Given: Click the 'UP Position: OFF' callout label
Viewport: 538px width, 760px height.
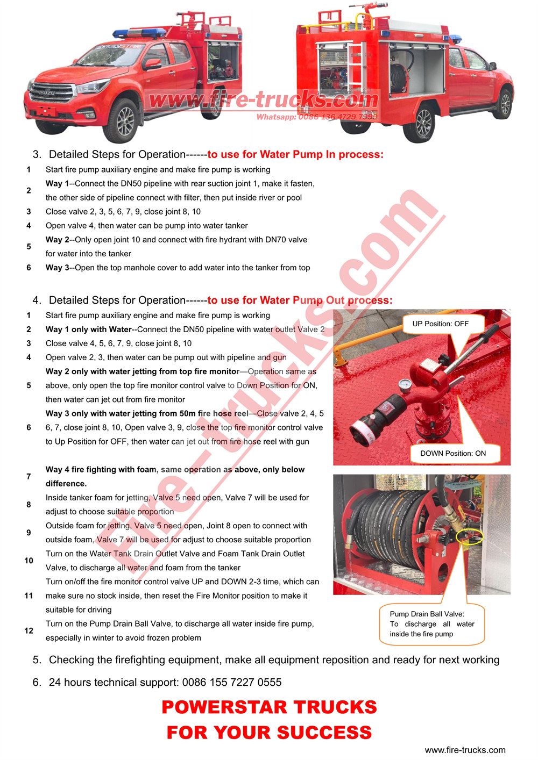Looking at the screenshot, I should [440, 324].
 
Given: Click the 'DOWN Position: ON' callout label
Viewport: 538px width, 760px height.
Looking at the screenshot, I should [452, 453].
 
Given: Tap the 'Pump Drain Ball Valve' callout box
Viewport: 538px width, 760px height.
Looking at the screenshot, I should [431, 623].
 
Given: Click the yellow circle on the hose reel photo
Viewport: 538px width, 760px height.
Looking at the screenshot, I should [469, 536].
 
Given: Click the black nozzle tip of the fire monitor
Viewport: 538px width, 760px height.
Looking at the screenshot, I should [359, 432].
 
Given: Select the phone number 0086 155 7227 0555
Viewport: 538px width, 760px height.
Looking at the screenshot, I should [231, 682].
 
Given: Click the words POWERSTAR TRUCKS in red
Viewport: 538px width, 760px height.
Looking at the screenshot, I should [269, 707].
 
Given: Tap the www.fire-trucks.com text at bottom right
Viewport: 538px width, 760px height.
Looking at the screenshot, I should [465, 750].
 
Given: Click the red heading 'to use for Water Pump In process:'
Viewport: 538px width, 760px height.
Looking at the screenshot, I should [295, 154].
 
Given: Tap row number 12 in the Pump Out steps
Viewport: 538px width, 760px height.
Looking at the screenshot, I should [29, 630].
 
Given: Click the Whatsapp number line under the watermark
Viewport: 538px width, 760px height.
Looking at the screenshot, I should [316, 117].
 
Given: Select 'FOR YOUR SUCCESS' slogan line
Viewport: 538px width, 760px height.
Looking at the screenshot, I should [269, 732].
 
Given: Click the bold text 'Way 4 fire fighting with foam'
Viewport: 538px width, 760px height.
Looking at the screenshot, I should [101, 469].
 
